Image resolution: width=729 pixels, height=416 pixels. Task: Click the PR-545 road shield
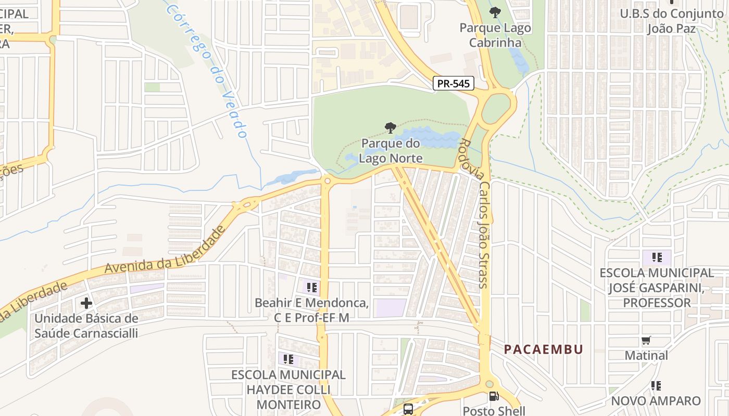[453, 83]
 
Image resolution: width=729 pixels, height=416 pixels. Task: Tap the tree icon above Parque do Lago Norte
[390, 127]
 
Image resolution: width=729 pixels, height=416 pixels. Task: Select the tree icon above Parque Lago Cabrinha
[495, 12]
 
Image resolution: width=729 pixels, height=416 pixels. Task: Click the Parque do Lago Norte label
[391, 150]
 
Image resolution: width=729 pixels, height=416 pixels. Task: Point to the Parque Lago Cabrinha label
[495, 35]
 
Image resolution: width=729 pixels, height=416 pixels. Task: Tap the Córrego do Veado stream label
[208, 70]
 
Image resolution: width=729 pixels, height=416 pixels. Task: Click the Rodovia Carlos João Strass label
[474, 213]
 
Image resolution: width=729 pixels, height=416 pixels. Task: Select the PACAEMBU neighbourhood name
[544, 349]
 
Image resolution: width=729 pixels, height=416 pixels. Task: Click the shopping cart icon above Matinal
[646, 341]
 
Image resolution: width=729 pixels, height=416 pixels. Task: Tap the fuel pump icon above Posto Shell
[493, 397]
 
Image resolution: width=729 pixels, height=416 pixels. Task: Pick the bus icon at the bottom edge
[408, 409]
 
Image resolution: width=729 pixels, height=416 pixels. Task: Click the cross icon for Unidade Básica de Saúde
[86, 303]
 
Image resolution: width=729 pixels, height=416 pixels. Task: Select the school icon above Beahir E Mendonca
[312, 287]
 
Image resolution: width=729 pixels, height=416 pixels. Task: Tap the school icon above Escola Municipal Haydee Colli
[288, 359]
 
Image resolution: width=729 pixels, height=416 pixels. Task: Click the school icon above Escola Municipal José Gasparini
[657, 257]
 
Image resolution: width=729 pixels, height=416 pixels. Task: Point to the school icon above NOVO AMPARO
[656, 386]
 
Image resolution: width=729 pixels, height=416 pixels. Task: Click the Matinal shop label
[646, 356]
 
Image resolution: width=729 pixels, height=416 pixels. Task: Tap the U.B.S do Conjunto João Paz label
[672, 21]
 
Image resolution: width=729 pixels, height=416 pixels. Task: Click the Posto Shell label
[494, 411]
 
